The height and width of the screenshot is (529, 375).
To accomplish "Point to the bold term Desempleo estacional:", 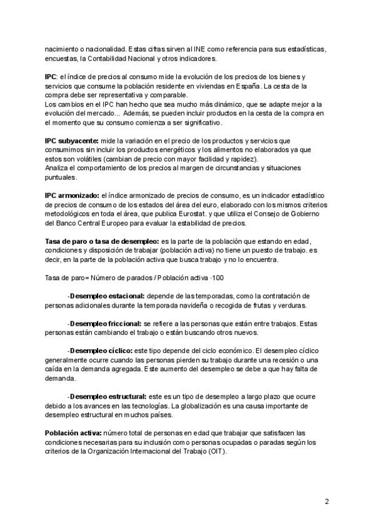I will (x=107, y=295).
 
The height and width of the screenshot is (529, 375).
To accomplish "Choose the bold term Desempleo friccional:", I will (x=106, y=324).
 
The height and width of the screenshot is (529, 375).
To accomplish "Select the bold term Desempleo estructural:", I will (x=108, y=396).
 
